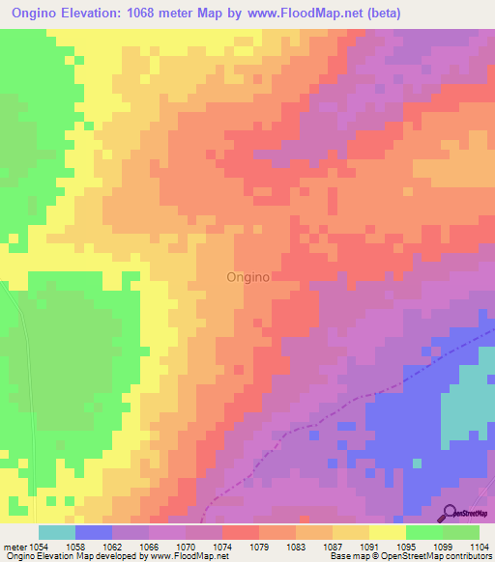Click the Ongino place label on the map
pos(247,276)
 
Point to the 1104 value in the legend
pos(480,546)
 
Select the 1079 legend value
pos(261,546)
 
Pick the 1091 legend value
pos(369,546)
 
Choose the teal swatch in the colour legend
pos(57,532)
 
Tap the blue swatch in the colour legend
pos(94,532)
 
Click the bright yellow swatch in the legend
pos(388,532)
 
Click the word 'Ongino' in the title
pos(35,14)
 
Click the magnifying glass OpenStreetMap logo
pos(451,513)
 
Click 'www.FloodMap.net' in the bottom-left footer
pos(188,556)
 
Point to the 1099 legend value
pos(442,546)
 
